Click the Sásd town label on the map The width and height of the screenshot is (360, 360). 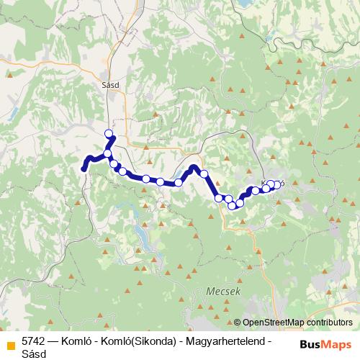(x=110, y=84)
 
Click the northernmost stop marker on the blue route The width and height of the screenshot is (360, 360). (x=109, y=133)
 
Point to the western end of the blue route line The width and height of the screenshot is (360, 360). (x=84, y=169)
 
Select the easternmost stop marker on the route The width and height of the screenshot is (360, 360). (x=277, y=185)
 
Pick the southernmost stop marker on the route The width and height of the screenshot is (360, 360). (x=232, y=205)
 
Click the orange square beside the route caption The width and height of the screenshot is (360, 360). (x=10, y=341)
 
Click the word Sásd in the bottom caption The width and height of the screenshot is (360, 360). (x=33, y=354)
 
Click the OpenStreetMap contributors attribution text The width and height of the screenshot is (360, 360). (x=297, y=323)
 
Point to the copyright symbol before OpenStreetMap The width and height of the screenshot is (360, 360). (x=238, y=323)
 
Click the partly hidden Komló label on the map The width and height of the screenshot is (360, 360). (x=273, y=183)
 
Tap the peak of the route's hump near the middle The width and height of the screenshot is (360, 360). (x=193, y=168)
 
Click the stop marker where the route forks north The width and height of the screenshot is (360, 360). (x=108, y=153)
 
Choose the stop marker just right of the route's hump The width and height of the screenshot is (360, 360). (x=204, y=174)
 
